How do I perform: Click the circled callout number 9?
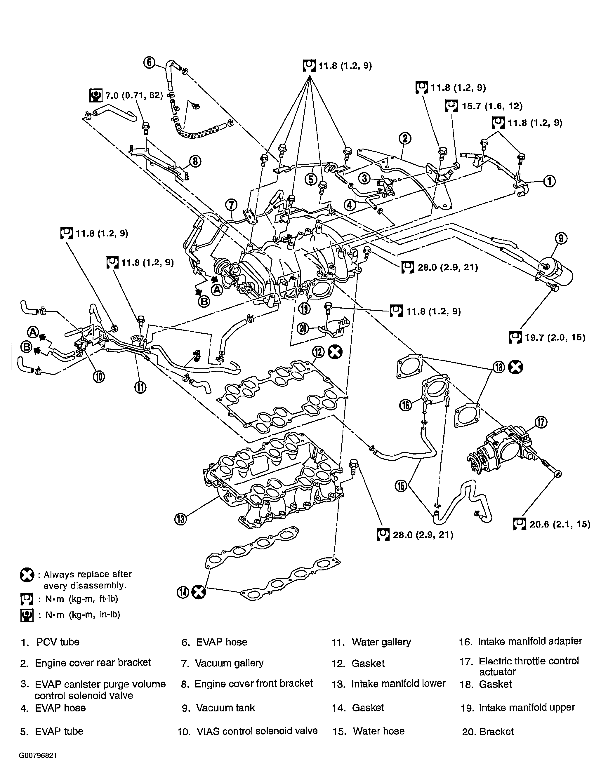pyautogui.click(x=561, y=238)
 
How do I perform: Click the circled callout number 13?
pyautogui.click(x=181, y=518)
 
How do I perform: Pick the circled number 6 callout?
pyautogui.click(x=149, y=63)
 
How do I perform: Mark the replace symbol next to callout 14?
pyautogui.click(x=199, y=593)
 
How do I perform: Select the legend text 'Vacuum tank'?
pyautogui.click(x=225, y=708)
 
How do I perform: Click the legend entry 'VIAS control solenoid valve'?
pyautogui.click(x=257, y=731)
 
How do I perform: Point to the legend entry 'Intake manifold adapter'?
pyautogui.click(x=530, y=641)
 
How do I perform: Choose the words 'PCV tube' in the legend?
pyautogui.click(x=58, y=642)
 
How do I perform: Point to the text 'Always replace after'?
pyautogui.click(x=88, y=574)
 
